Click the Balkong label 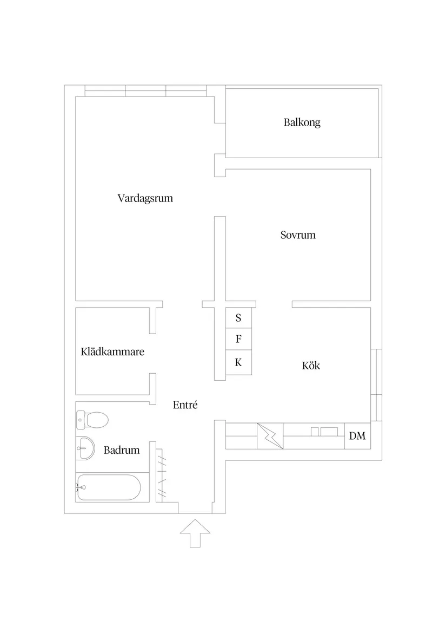[302, 122]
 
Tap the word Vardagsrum [145, 198]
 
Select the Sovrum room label [298, 235]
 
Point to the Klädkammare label [112, 352]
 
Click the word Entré [185, 405]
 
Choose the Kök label [311, 366]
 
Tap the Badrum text [122, 450]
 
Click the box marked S [238, 318]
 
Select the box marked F [238, 340]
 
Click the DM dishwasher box [357, 436]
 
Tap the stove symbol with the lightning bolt [270, 436]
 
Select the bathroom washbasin [84, 447]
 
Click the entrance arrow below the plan [195, 533]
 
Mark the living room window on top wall [145, 90]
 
